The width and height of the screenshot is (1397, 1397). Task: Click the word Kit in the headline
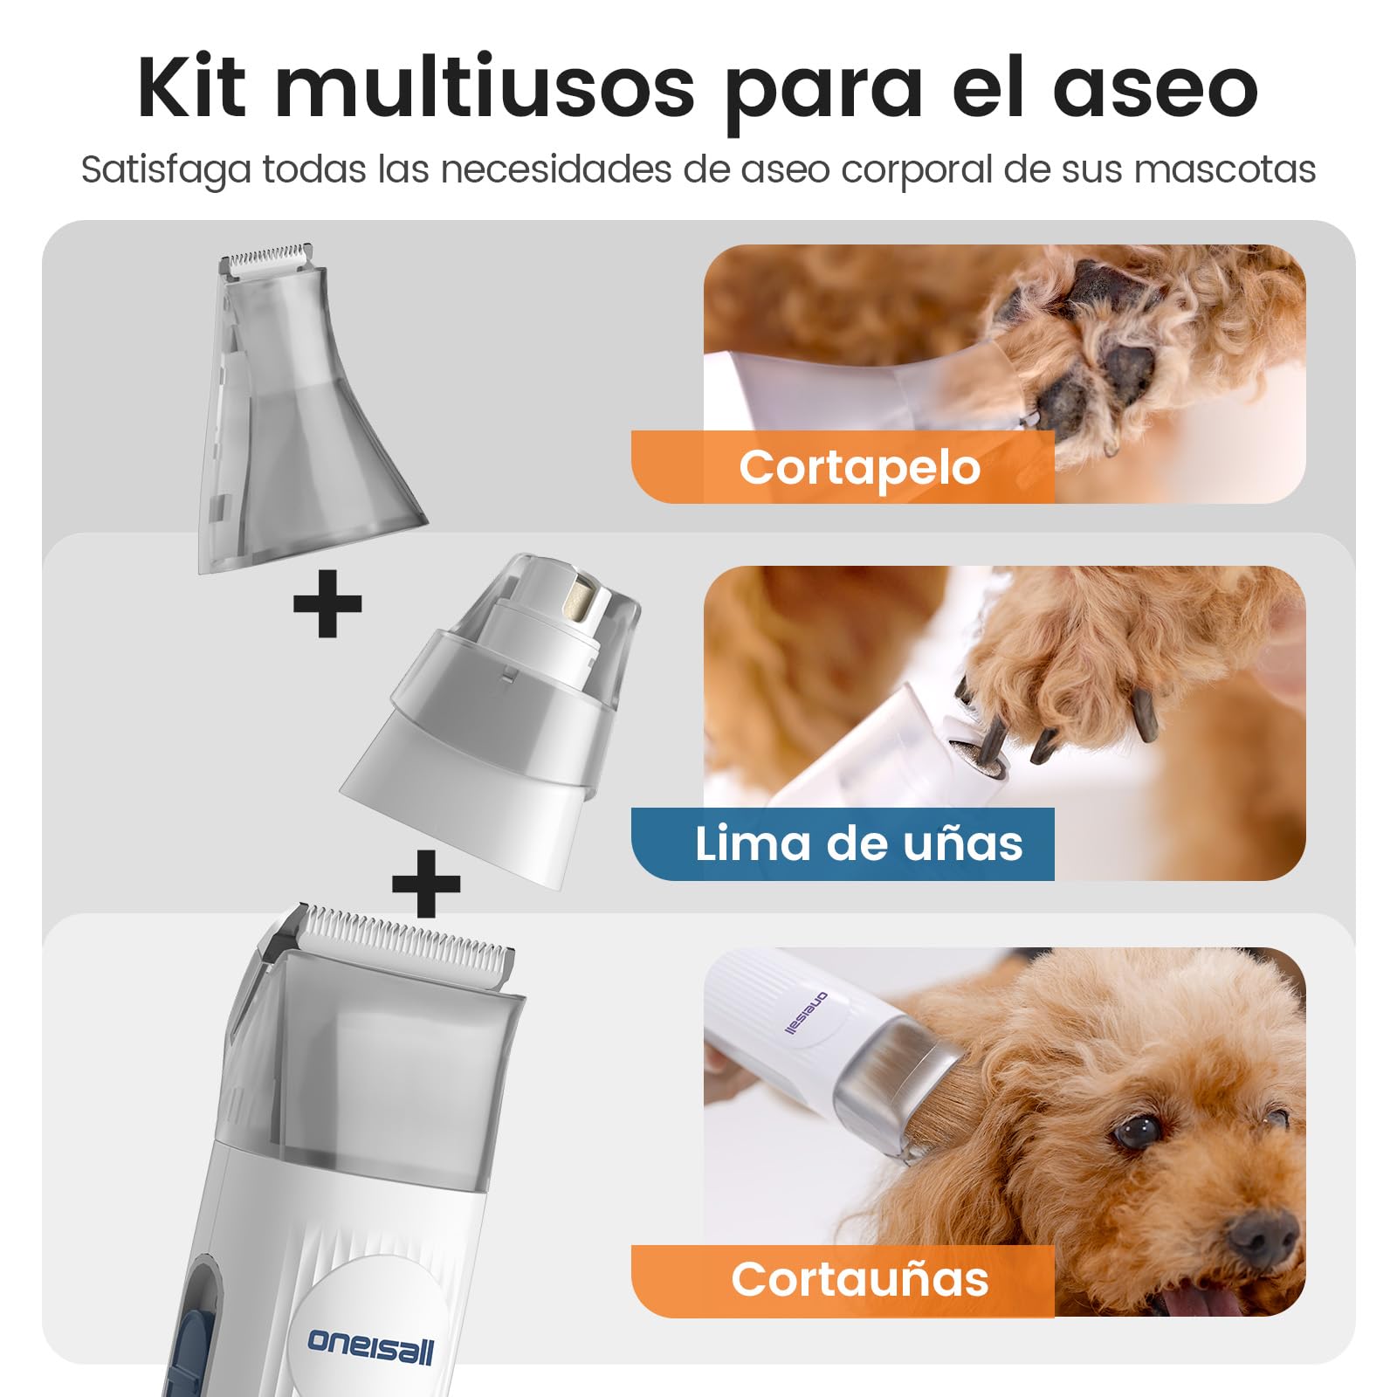click(x=192, y=86)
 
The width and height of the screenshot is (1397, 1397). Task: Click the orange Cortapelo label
click(x=843, y=466)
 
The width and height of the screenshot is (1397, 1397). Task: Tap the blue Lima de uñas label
click(x=843, y=843)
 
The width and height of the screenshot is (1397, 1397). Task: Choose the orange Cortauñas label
click(x=843, y=1280)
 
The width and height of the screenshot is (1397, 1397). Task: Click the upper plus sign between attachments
click(x=327, y=603)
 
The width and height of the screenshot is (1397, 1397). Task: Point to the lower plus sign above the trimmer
click(x=426, y=884)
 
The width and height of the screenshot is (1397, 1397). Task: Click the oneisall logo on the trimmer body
click(x=370, y=1345)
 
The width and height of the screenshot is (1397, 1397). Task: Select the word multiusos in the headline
click(x=485, y=87)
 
